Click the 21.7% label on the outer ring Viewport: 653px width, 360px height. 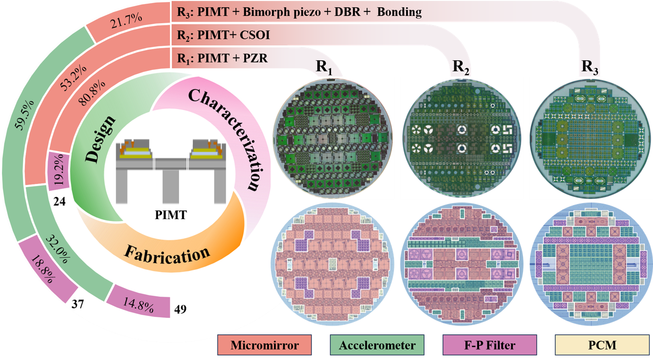coord(126,21)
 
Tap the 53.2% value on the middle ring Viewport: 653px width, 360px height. coord(74,78)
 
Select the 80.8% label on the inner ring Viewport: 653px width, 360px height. coord(92,93)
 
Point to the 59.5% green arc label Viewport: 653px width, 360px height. coord(25,115)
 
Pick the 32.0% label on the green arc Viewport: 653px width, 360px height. coord(58,249)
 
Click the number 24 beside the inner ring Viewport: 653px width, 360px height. coord(60,202)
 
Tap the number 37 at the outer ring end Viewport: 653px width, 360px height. coord(78,304)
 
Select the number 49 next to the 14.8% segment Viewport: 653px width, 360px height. coord(180,309)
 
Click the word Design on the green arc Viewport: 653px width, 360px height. coord(100,139)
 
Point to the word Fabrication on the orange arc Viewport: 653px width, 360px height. coord(167,255)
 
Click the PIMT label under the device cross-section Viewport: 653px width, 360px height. coord(171,215)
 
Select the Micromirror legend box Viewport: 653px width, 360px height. coord(264,345)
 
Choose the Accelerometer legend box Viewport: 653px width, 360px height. coord(377,345)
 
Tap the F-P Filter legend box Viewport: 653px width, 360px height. coord(489,345)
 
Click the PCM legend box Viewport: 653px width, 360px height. coord(602,345)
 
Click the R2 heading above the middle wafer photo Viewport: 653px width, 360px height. coord(461,67)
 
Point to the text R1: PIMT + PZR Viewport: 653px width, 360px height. coord(222,58)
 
